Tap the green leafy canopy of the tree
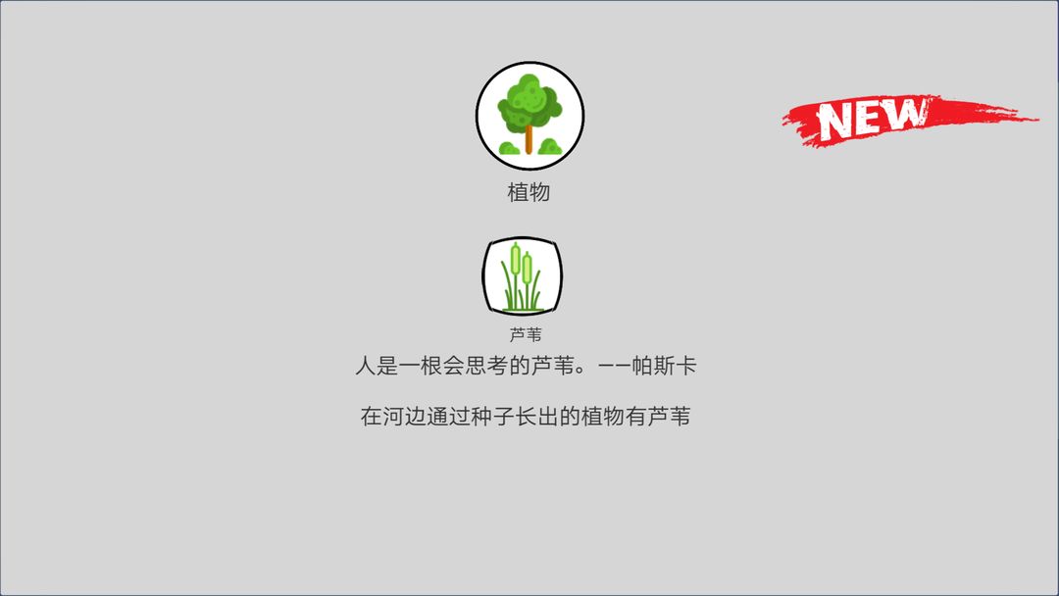click(x=529, y=103)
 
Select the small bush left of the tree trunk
click(x=510, y=148)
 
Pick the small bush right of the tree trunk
click(x=550, y=147)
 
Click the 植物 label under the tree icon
click(x=529, y=192)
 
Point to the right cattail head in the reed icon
click(x=528, y=267)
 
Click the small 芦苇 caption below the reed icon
click(x=526, y=334)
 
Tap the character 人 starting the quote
click(x=365, y=368)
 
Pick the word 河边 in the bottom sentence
click(x=406, y=417)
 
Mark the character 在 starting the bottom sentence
click(x=371, y=417)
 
